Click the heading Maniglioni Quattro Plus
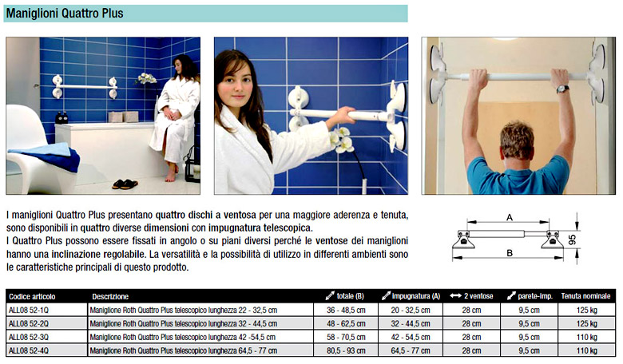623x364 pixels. [x=65, y=14]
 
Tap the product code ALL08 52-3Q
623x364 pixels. [x=29, y=337]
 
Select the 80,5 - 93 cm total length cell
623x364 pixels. [x=346, y=351]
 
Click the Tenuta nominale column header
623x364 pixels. [x=585, y=296]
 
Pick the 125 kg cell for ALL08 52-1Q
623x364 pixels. [x=587, y=310]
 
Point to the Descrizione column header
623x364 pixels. [x=110, y=296]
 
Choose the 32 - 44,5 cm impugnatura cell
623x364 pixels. [x=411, y=323]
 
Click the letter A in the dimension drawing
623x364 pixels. [x=510, y=217]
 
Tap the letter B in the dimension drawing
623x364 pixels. [x=510, y=253]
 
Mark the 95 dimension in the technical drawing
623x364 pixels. [x=572, y=239]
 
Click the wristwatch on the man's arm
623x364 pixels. [x=562, y=89]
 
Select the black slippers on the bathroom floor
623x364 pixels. [x=125, y=184]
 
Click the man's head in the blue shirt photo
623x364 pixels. [x=517, y=140]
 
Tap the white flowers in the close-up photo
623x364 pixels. [x=341, y=140]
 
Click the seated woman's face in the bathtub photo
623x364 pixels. [x=178, y=66]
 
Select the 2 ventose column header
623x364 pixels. [x=471, y=296]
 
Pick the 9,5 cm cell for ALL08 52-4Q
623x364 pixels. [x=530, y=351]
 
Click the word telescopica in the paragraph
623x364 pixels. [x=288, y=227]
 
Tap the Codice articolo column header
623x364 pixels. [x=32, y=296]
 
